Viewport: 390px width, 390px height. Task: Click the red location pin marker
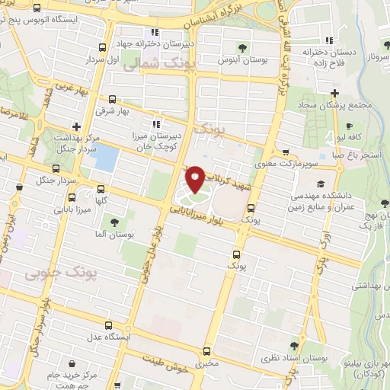[x=195, y=178]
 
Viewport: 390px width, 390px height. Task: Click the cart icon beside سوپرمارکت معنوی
[x=285, y=152]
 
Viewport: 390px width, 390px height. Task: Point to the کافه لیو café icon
[x=349, y=126]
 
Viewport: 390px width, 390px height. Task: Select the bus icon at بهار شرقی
[x=113, y=99]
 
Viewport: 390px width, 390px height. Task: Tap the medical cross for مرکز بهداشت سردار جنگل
[x=75, y=126]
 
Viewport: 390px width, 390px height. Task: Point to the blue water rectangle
[x=106, y=157]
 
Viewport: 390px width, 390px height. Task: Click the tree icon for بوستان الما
[x=114, y=222]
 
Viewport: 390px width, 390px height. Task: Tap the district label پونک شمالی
[x=142, y=67]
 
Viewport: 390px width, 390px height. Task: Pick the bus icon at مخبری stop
[x=206, y=351]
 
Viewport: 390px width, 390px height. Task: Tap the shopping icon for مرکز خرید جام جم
[x=72, y=365]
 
